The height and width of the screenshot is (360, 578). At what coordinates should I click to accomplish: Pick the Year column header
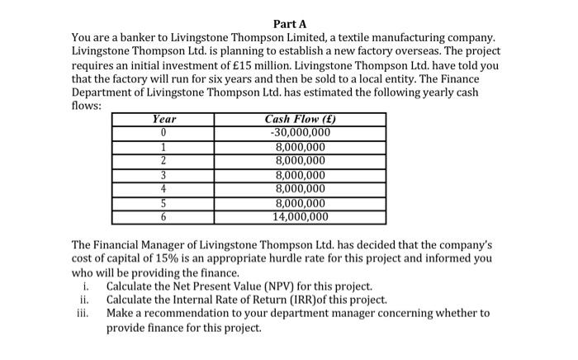pos(164,120)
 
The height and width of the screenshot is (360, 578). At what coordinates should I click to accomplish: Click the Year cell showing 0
pos(164,132)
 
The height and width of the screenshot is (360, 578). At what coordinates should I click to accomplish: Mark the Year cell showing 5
pos(164,203)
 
